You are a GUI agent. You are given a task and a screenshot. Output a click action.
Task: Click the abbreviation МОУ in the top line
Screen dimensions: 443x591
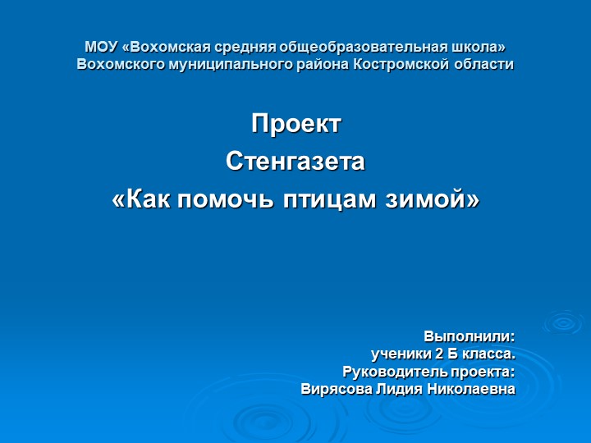[102, 46]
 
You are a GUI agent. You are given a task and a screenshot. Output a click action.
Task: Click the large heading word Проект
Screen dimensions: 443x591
[295, 125]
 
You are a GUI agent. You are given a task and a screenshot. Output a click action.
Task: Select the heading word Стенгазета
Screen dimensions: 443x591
[295, 162]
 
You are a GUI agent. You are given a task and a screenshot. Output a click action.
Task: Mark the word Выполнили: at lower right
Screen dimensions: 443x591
[469, 336]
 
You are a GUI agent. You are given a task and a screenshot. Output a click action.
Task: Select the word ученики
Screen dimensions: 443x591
[401, 354]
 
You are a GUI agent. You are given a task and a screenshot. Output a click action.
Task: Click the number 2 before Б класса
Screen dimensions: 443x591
[440, 354]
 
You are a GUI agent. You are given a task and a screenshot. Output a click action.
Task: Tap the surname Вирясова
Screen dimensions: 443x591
[337, 389]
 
